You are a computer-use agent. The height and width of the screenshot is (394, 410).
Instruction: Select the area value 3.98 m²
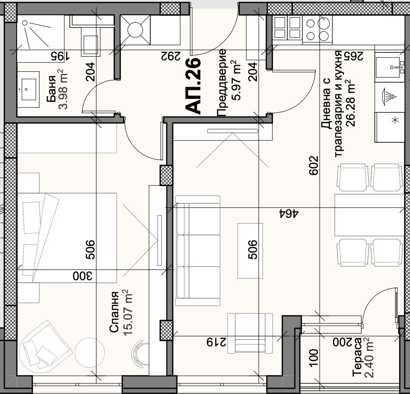tap(63, 89)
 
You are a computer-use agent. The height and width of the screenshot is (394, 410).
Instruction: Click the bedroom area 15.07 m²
tap(127, 313)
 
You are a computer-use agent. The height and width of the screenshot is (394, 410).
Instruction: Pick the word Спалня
tap(114, 313)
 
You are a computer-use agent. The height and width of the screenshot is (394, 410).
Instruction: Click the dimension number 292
tap(169, 56)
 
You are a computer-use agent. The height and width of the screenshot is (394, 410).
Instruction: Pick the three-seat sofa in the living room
tap(197, 251)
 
